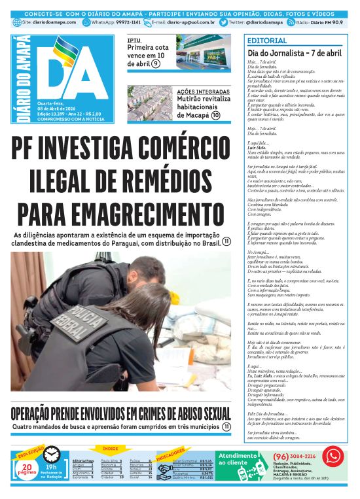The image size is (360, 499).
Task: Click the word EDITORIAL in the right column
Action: [x=263, y=41]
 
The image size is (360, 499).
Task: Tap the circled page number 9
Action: [x=156, y=63]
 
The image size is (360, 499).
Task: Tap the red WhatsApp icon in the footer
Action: [x=333, y=456]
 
